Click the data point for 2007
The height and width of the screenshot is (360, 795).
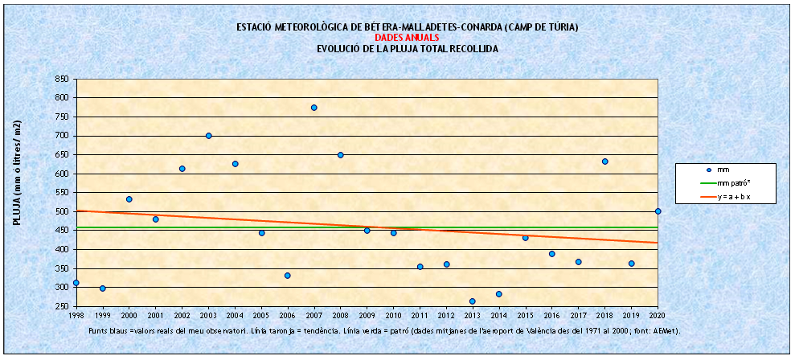(x=313, y=108)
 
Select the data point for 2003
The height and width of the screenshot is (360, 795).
(x=208, y=136)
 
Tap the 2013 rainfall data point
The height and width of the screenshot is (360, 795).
(x=472, y=301)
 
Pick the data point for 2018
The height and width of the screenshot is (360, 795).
(x=604, y=162)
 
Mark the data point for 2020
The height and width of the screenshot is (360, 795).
(x=658, y=211)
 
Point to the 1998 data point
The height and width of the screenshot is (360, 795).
(x=76, y=283)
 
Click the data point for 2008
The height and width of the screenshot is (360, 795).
(x=340, y=155)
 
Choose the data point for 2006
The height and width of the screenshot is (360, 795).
(x=287, y=276)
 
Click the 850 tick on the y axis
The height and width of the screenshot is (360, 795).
(x=61, y=79)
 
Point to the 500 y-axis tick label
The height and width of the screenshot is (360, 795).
(x=61, y=211)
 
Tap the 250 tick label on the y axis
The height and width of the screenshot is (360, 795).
(x=61, y=306)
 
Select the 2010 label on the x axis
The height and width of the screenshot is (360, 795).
(x=393, y=316)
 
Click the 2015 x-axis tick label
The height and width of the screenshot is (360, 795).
(x=525, y=316)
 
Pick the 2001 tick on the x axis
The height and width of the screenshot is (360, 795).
(x=155, y=316)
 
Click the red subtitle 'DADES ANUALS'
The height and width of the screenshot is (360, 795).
(x=408, y=38)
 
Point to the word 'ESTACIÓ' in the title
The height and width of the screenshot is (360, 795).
(x=255, y=27)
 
